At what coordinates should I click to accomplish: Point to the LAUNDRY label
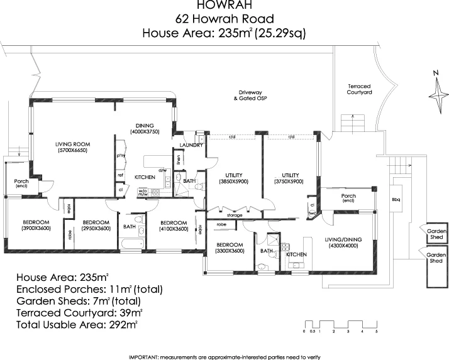(x=191, y=145)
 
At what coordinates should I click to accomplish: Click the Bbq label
(x=396, y=200)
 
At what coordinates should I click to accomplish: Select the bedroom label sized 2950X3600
(x=97, y=226)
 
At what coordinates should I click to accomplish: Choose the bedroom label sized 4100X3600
(x=174, y=226)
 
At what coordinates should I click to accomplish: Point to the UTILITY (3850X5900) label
(x=233, y=178)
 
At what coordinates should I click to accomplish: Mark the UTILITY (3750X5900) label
(x=290, y=178)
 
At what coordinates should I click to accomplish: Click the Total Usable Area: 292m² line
(x=77, y=325)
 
